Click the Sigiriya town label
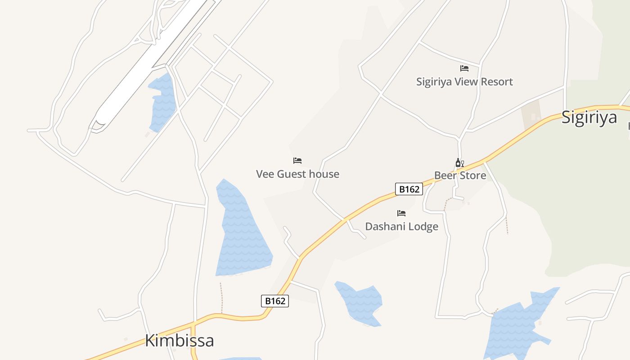[589, 117]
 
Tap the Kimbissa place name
[179, 341]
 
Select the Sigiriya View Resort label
[464, 82]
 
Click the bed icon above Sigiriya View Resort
[464, 68]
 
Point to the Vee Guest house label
[297, 174]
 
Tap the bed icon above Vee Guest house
[297, 161]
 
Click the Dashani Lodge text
[401, 226]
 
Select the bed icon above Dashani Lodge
[401, 213]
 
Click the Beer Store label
[460, 175]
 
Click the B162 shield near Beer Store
[409, 189]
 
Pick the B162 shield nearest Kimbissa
[274, 301]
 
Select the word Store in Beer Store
[472, 175]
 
